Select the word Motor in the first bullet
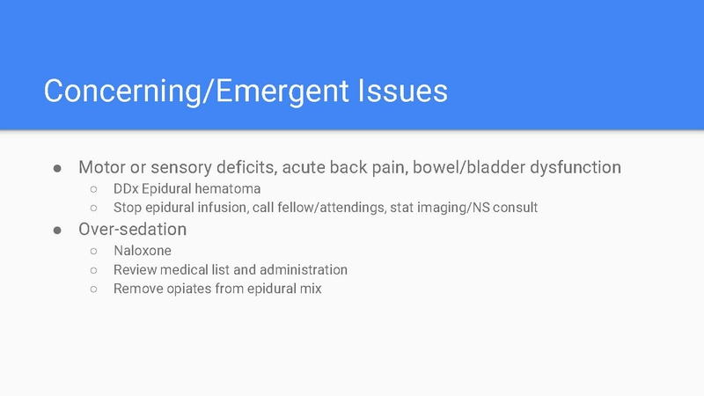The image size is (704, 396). click(101, 166)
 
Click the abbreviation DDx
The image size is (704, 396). click(126, 188)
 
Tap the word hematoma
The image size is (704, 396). click(228, 188)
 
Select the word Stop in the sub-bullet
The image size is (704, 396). click(128, 208)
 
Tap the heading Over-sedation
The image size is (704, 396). click(132, 229)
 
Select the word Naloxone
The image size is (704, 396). click(143, 251)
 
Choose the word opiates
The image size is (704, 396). click(191, 289)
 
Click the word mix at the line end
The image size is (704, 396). click(309, 289)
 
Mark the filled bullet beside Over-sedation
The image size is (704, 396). click(57, 230)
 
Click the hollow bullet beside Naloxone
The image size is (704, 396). click(92, 252)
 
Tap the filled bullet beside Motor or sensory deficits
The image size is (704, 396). click(57, 167)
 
